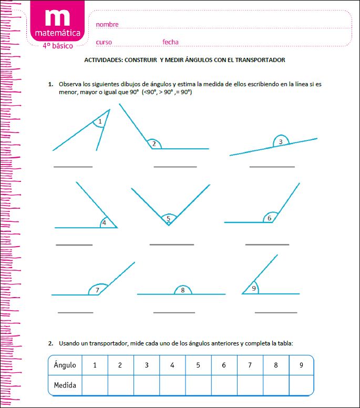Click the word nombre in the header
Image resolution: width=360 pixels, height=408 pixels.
point(107,25)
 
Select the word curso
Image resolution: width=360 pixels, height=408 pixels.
point(104,42)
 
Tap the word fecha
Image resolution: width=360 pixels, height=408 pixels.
point(170,42)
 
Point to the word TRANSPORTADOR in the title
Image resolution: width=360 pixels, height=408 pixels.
point(260,60)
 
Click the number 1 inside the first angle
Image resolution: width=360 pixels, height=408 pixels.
point(100,121)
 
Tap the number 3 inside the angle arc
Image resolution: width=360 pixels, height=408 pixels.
point(281,141)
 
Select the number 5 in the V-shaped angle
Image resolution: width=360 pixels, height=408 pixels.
point(168,218)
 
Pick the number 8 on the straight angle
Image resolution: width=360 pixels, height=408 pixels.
point(182,290)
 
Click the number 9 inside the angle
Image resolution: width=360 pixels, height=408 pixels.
point(254,288)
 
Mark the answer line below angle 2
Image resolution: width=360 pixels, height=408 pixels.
point(175,167)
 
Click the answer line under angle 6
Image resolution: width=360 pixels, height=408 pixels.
point(267,244)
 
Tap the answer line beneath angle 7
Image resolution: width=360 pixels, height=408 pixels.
point(75,312)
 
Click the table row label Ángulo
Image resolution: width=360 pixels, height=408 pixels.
point(65,365)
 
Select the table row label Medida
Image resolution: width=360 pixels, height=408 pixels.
point(65,385)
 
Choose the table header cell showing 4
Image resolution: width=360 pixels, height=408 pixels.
point(172,365)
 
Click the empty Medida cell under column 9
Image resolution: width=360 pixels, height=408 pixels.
point(301,385)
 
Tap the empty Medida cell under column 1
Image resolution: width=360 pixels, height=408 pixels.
point(95,385)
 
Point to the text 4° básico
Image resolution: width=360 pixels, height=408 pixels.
point(58,46)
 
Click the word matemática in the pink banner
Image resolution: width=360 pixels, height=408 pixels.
point(58,33)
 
